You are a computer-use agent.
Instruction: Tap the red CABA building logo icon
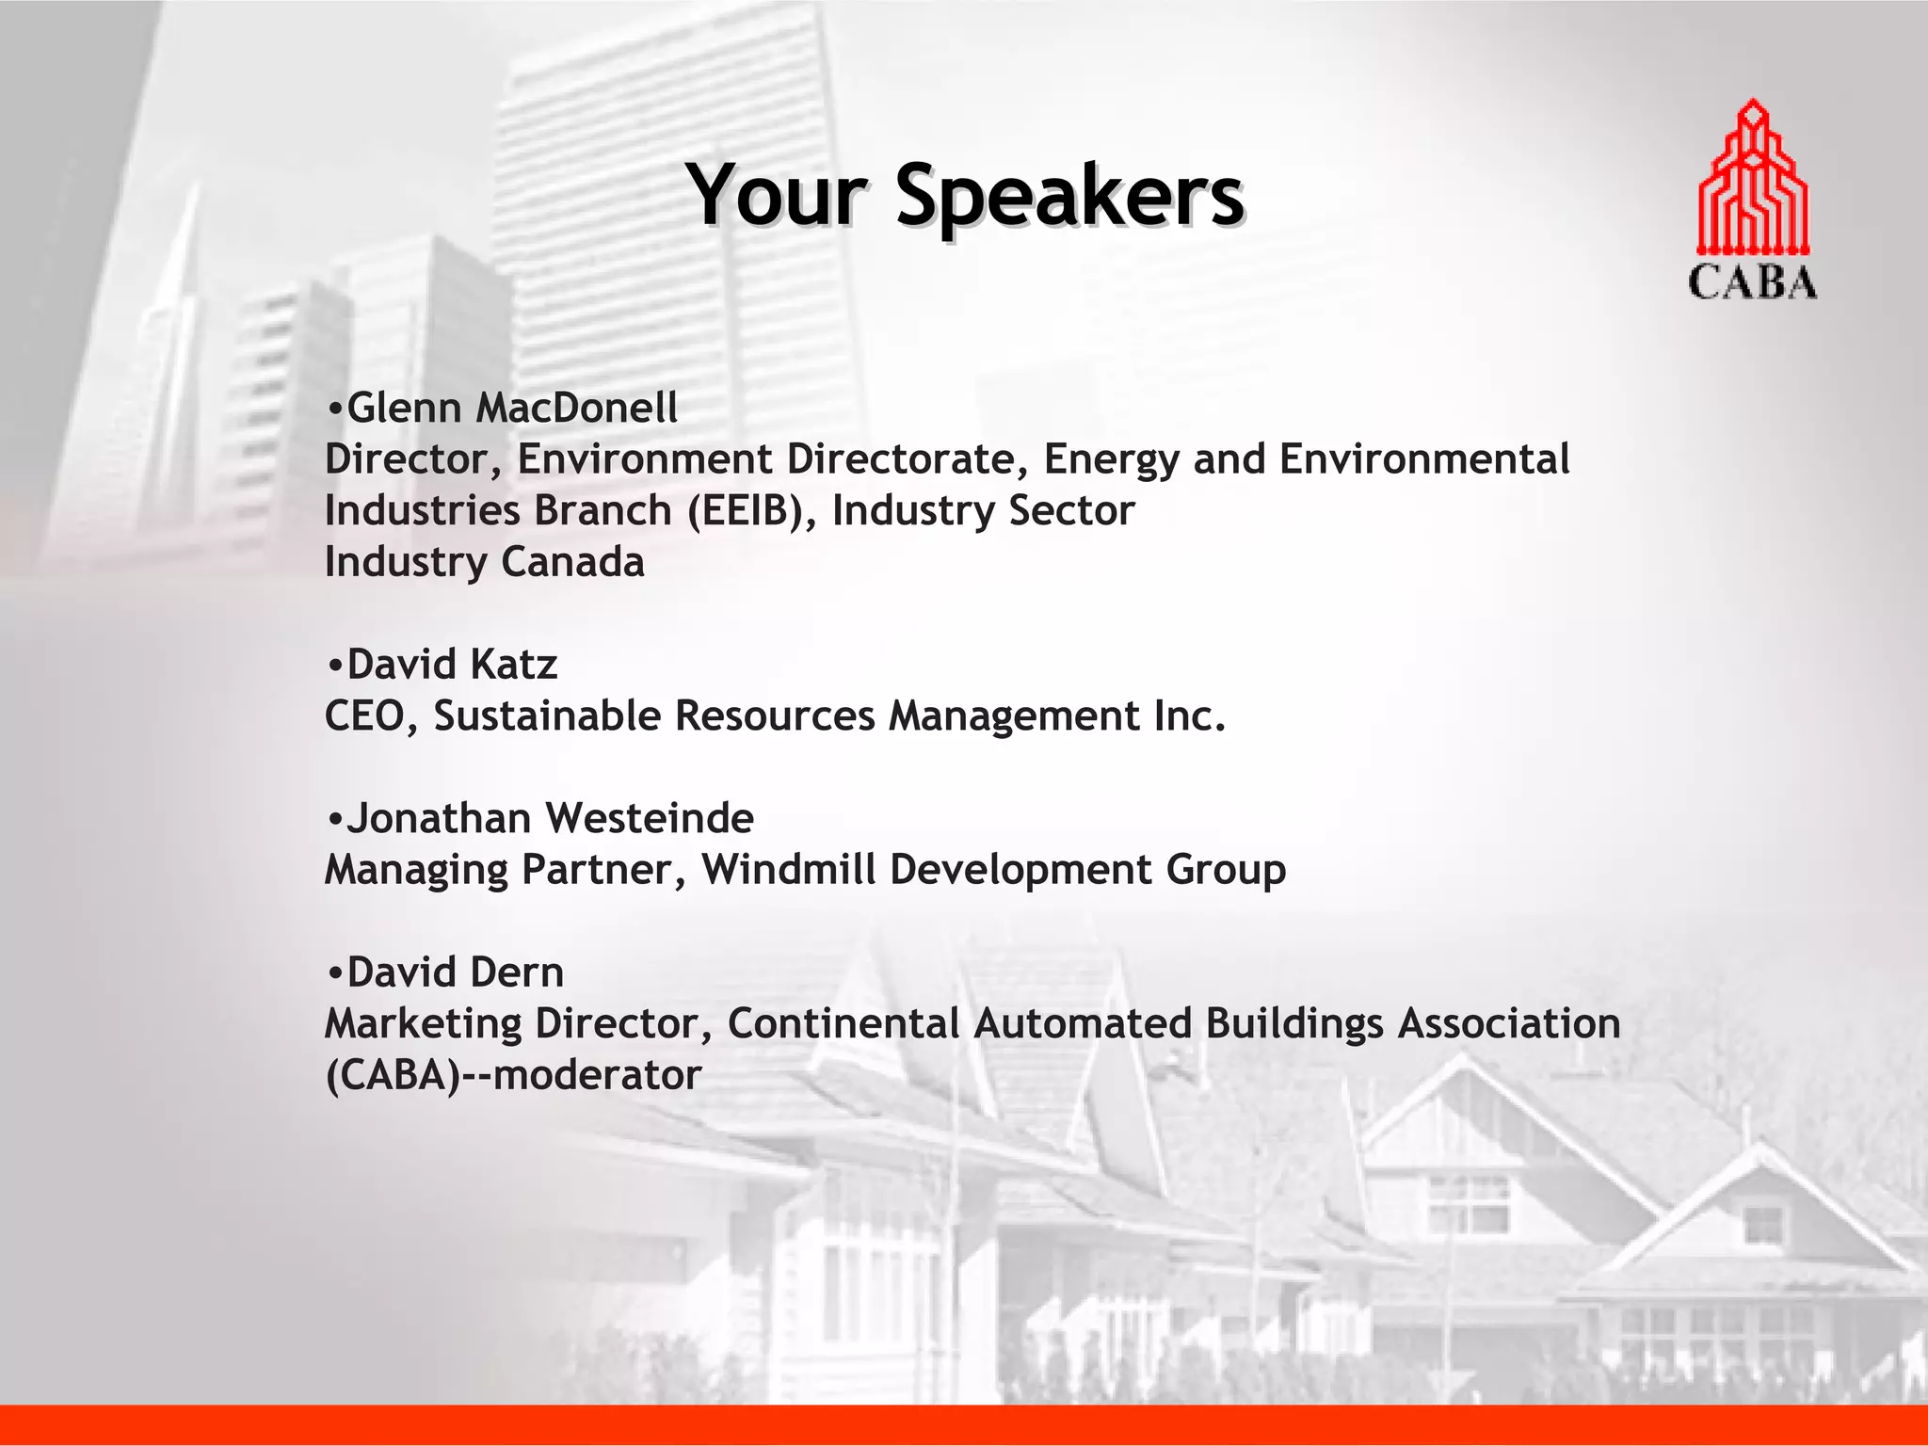point(1752,178)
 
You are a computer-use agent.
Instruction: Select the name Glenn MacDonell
point(512,409)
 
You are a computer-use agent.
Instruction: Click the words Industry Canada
point(484,562)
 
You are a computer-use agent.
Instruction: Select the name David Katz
point(452,665)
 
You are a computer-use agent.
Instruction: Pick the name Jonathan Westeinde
point(551,818)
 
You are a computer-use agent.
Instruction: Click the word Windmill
point(788,869)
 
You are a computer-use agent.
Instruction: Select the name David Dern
point(456,972)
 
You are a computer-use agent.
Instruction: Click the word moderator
point(597,1075)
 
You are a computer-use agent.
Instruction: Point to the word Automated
point(1083,1023)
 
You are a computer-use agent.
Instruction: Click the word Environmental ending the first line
point(1423,459)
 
